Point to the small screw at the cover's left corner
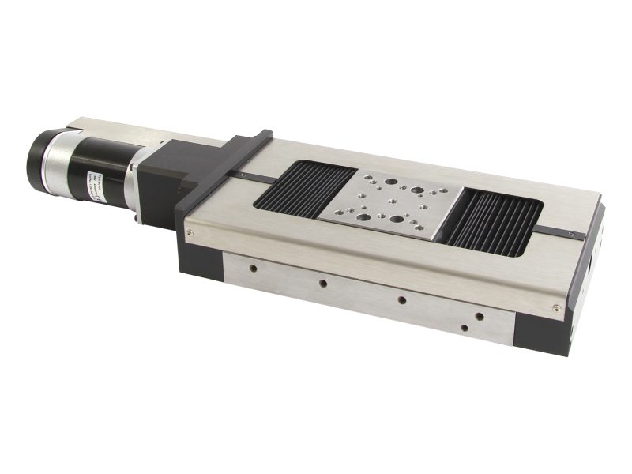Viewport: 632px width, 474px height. click(190, 232)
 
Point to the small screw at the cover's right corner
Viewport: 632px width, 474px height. click(557, 308)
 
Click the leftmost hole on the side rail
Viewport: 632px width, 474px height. click(253, 268)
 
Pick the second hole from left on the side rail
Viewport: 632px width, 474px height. click(322, 282)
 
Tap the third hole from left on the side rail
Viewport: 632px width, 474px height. click(402, 299)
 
